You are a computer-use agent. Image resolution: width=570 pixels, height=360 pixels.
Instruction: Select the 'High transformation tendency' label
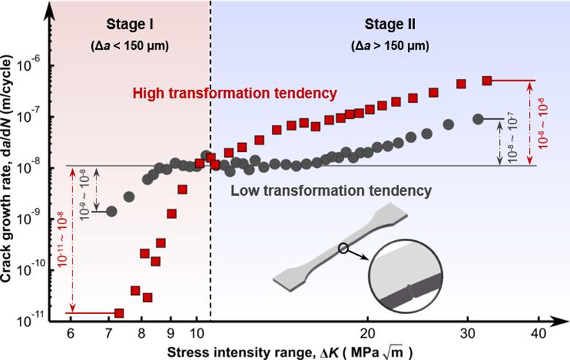coord(234,93)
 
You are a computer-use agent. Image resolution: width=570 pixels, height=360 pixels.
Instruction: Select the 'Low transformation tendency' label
coord(330,191)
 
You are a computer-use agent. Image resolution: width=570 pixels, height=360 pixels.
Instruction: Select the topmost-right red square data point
coord(487,80)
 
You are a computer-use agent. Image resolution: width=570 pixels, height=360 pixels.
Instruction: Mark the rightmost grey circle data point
coord(478,118)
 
